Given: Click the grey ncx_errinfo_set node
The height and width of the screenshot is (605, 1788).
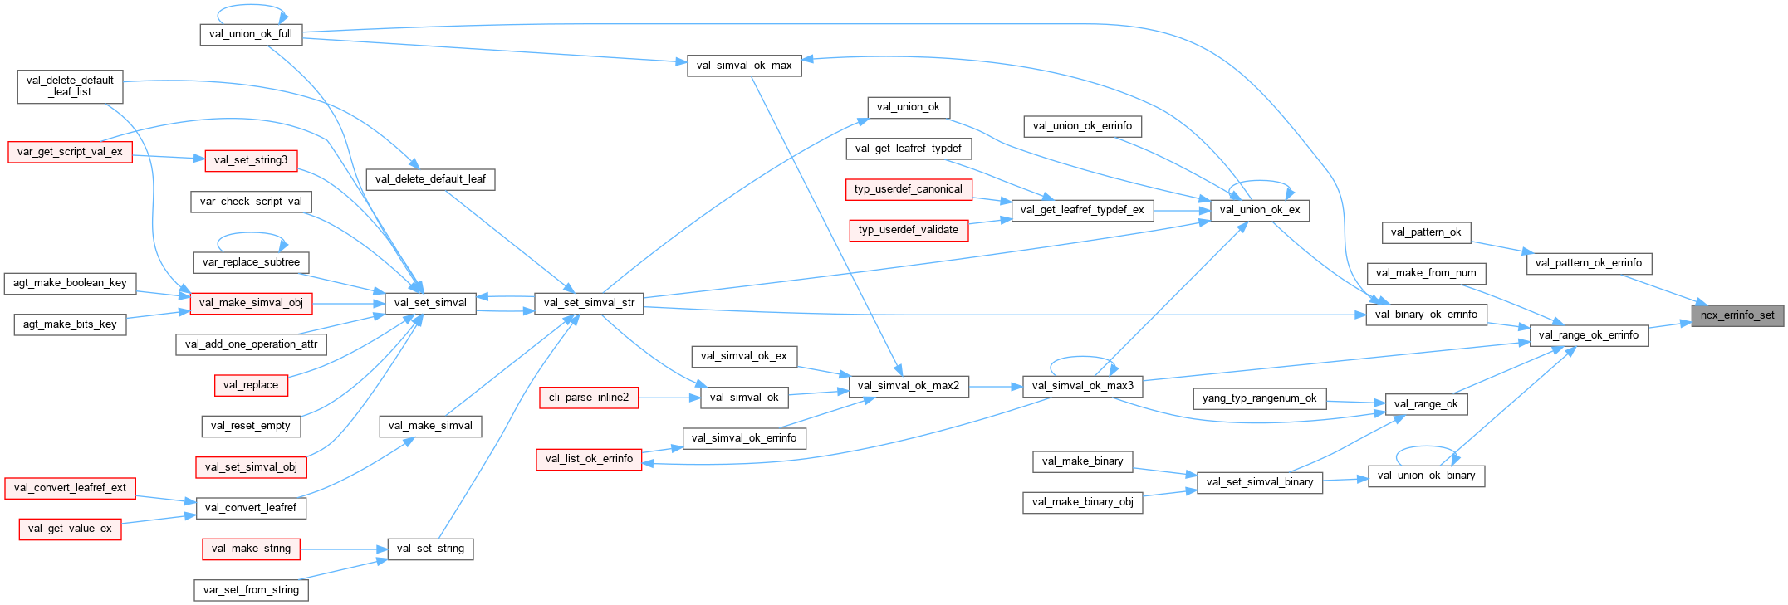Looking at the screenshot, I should click(1737, 315).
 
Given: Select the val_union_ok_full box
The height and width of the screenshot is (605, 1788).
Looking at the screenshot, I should click(251, 34).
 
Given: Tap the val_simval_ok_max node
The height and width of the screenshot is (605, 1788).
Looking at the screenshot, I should click(744, 66).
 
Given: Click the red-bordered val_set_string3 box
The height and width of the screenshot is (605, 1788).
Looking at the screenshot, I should click(251, 160).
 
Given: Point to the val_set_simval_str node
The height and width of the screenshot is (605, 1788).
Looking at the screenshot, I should click(589, 303).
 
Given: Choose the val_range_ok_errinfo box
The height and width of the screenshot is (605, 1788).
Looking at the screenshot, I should click(1588, 335).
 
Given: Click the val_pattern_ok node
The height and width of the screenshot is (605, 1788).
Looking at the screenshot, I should click(1426, 232).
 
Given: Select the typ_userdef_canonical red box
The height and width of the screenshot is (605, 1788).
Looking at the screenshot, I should click(908, 189).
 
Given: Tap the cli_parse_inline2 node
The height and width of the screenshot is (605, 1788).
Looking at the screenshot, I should click(589, 398).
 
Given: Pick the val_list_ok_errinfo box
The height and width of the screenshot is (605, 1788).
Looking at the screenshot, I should click(589, 459).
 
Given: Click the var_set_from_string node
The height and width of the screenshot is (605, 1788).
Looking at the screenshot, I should click(251, 590).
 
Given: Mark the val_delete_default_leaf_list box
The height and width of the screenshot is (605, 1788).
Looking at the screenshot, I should click(70, 86).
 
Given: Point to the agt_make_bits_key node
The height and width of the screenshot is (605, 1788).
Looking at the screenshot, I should click(70, 324).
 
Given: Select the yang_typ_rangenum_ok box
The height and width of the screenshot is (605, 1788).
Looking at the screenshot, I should click(1259, 398).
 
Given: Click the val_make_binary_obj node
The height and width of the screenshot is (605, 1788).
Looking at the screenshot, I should click(1082, 502).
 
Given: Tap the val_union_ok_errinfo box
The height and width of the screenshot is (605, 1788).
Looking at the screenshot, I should click(1082, 126).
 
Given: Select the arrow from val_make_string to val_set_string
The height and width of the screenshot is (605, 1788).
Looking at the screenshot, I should click(344, 549).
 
